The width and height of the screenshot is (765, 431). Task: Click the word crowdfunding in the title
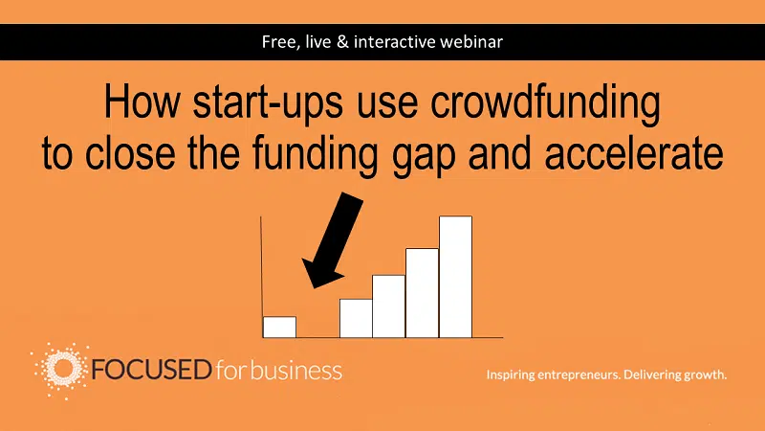(545, 104)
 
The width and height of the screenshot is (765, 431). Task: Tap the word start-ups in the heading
(268, 102)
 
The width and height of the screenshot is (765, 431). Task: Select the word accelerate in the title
(634, 153)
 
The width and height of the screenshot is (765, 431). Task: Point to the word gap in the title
(424, 158)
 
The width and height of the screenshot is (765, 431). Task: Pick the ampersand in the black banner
(342, 42)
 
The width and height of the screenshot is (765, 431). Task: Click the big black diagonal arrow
(332, 240)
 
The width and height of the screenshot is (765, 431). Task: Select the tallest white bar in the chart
(456, 277)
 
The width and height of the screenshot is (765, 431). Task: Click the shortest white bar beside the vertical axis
(279, 327)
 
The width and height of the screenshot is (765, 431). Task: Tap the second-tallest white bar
(422, 293)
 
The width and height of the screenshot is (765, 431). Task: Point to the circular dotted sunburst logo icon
(61, 370)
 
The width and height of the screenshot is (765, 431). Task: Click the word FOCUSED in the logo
(151, 370)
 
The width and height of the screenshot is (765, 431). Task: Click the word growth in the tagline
(706, 374)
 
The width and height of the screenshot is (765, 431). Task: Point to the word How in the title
(142, 102)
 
